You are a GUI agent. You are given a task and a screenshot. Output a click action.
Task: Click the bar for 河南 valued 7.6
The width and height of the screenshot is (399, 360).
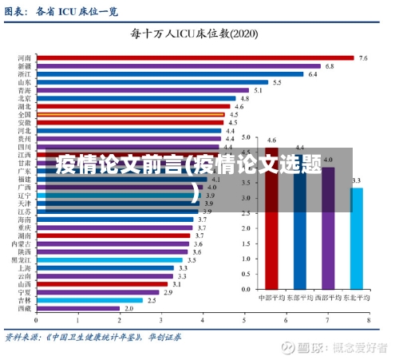click(196, 58)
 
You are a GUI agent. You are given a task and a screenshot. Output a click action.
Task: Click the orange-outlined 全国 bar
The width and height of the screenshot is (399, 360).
click(131, 114)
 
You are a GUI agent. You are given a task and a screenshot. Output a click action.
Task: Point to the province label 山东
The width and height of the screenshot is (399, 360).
click(25, 82)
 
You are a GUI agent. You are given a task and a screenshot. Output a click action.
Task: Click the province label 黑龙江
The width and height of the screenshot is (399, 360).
click(22, 259)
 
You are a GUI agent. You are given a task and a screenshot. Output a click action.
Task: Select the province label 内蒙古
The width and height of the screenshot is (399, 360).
click(22, 243)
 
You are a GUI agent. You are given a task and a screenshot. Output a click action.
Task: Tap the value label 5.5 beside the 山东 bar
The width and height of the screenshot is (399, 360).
click(277, 82)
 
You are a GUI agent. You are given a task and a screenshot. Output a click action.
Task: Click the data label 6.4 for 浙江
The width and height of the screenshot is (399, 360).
click(313, 74)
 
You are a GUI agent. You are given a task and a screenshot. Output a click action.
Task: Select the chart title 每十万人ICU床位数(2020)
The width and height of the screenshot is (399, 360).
click(195, 34)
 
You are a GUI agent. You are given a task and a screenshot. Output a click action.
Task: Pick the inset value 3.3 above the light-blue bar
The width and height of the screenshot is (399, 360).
click(356, 181)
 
